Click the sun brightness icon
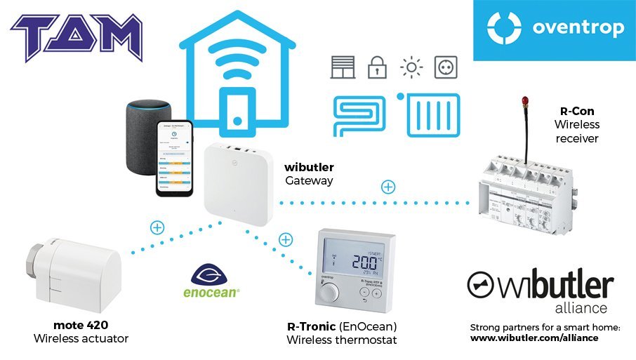pos(411,68)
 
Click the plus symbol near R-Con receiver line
pos(387,187)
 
